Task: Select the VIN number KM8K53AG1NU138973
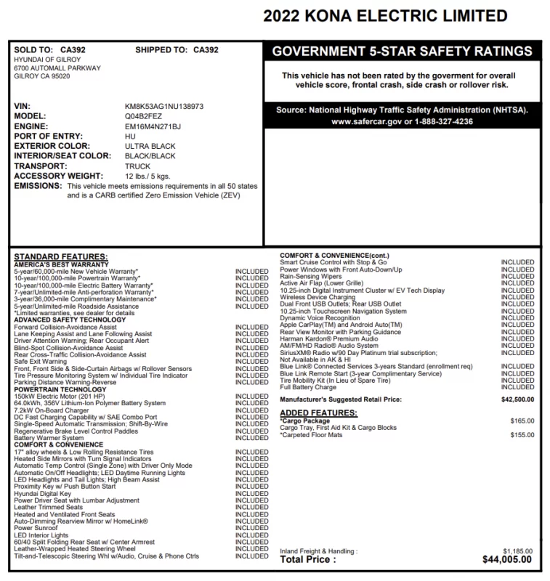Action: (x=164, y=106)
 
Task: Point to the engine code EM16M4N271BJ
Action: (x=153, y=126)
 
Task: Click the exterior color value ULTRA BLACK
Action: (x=150, y=146)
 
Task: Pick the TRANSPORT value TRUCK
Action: (x=138, y=166)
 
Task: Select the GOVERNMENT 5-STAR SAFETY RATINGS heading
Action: (x=402, y=52)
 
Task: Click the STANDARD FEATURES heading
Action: (x=61, y=257)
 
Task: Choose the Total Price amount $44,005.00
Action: (x=507, y=559)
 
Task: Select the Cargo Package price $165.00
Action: (x=522, y=420)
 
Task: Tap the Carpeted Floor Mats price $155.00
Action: (x=522, y=434)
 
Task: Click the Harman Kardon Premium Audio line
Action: (x=328, y=338)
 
